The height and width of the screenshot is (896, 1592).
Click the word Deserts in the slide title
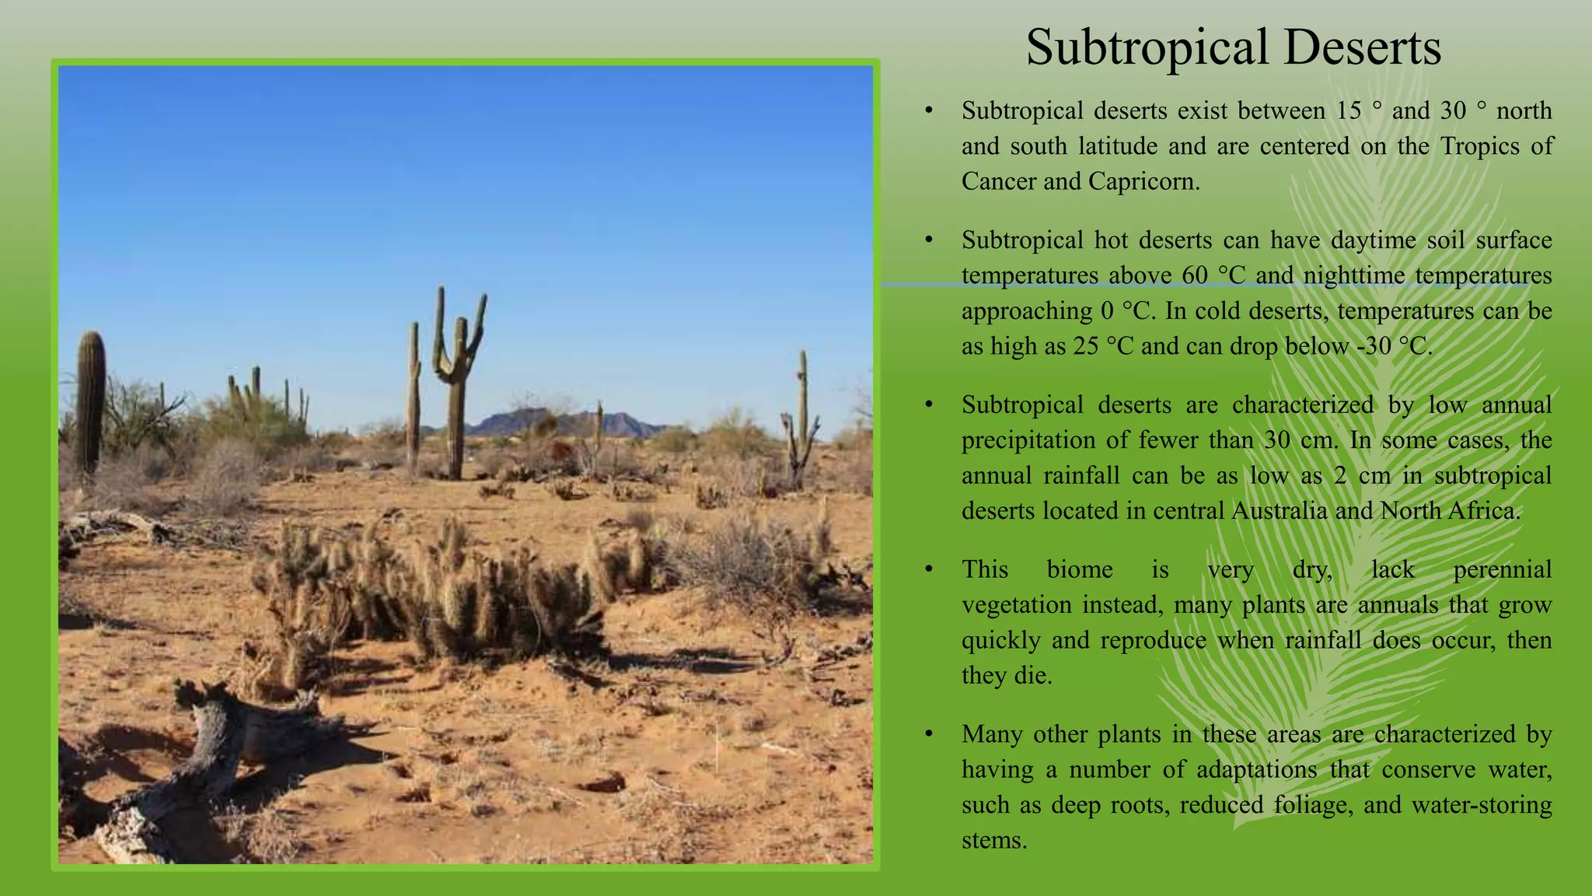[1362, 48]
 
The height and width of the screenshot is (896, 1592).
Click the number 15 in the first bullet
[1349, 110]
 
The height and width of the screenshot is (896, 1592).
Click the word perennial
[1502, 569]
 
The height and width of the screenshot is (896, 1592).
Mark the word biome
[1080, 569]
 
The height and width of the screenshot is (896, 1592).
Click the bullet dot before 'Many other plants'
[928, 734]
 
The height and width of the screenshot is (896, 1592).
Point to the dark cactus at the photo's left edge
[91, 397]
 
